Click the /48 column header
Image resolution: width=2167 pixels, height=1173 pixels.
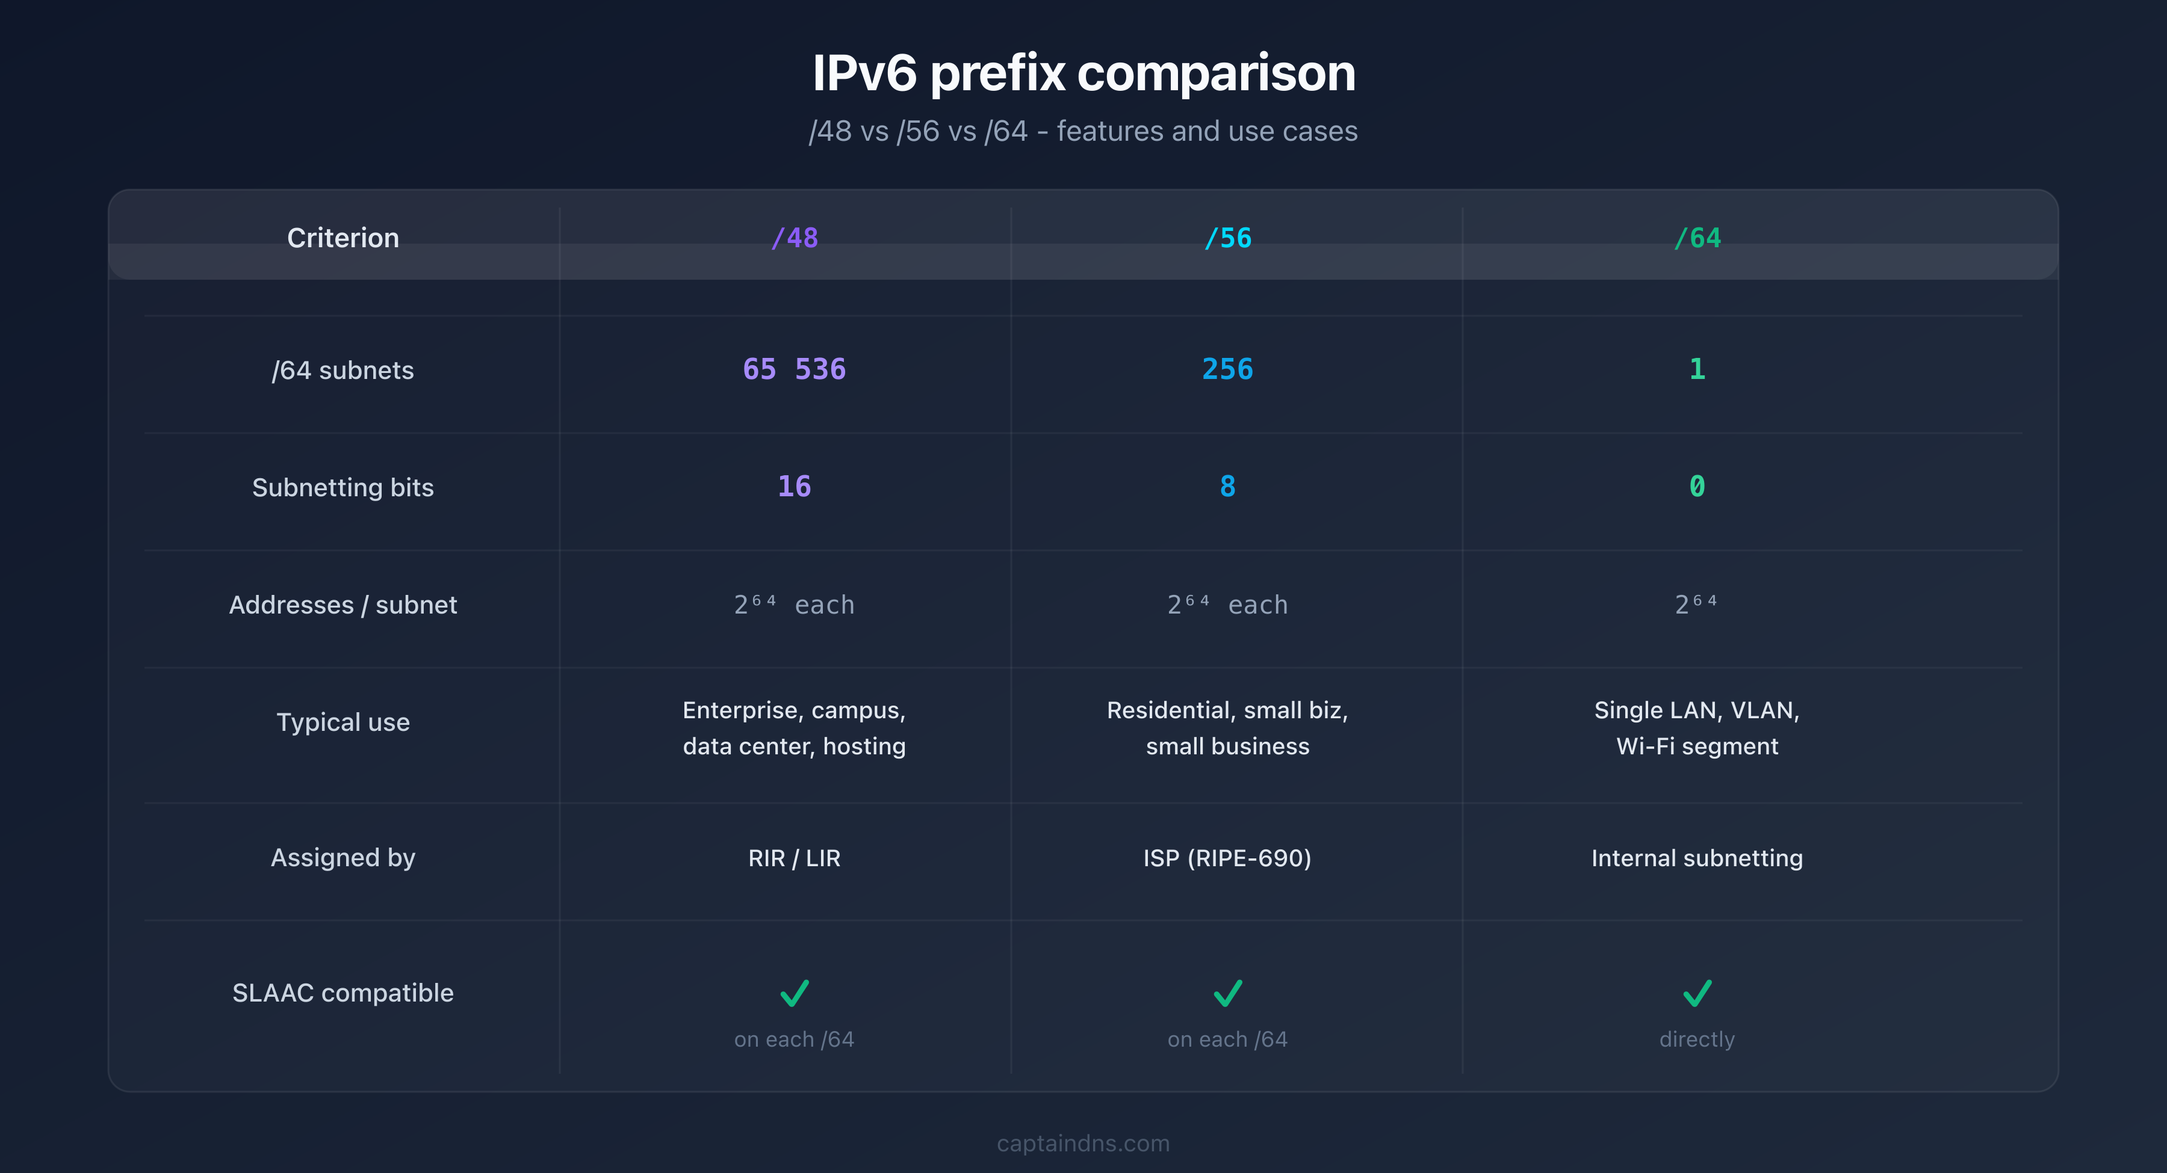(794, 238)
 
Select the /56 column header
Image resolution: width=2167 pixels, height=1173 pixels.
(1227, 238)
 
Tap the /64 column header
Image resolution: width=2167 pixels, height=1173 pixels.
(1697, 238)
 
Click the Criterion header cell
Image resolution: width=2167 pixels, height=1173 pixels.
(343, 238)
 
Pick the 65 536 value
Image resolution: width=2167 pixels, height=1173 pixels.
(794, 369)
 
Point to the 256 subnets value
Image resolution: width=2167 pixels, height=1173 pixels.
(1227, 369)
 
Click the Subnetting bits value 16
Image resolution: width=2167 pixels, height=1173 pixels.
(794, 486)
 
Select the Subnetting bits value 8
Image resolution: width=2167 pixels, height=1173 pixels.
(1227, 486)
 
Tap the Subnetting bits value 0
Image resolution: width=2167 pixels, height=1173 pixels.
(1697, 486)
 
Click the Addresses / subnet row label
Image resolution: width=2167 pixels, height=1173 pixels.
(343, 605)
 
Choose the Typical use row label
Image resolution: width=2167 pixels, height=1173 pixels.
(343, 722)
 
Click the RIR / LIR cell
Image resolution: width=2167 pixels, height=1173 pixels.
(794, 858)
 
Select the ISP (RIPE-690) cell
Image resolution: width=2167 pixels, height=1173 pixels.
(1227, 858)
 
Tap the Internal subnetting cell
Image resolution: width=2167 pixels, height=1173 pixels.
(1697, 858)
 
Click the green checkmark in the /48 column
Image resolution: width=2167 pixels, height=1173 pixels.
(794, 993)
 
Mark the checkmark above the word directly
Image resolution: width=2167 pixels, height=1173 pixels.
(1697, 993)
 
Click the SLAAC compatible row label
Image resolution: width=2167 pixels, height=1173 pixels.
(343, 993)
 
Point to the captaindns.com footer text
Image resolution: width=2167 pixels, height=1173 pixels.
(1083, 1144)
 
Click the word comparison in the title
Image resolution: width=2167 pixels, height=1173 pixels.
(1217, 74)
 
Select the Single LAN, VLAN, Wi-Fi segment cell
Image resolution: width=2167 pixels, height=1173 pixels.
(1697, 728)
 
